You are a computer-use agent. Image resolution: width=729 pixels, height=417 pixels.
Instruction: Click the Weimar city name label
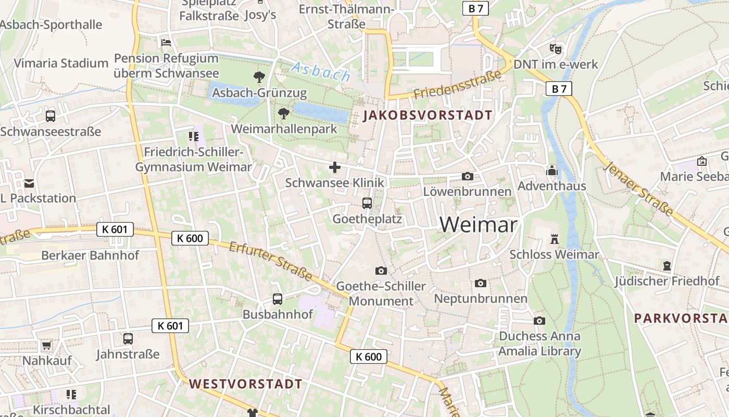tap(479, 225)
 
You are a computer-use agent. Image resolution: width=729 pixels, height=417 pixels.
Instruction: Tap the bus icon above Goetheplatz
tap(367, 203)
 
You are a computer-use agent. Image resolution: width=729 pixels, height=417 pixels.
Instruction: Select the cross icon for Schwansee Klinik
tap(335, 167)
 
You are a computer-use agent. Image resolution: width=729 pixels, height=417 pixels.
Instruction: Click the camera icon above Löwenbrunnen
tap(468, 176)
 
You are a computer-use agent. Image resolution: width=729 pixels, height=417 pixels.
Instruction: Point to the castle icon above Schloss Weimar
tap(554, 239)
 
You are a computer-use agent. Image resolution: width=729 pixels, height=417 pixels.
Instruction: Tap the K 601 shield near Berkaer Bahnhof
tap(115, 229)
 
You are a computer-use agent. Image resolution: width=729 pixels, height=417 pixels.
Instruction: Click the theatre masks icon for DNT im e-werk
tap(556, 49)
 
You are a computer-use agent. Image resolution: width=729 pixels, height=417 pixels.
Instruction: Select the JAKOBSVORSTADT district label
tap(428, 115)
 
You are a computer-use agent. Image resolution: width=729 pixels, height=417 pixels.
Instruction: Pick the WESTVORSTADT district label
tap(245, 384)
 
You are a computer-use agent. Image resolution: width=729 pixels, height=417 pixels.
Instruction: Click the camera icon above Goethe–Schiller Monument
tap(381, 271)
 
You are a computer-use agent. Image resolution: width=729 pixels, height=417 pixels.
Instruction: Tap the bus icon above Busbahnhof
tap(278, 299)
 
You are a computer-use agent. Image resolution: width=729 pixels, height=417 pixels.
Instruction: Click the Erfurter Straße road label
tap(270, 262)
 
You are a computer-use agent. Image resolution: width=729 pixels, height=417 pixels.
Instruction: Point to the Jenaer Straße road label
tap(639, 189)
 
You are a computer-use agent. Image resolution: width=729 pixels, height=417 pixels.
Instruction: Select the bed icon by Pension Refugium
tap(166, 42)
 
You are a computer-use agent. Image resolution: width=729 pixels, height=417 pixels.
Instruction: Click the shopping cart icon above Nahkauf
tap(46, 345)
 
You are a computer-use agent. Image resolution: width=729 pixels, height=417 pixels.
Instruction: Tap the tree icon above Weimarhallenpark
tap(284, 113)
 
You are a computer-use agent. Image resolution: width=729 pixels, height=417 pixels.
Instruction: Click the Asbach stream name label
tap(321, 72)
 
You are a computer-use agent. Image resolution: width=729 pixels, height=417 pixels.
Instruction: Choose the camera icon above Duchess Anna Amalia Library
tap(539, 321)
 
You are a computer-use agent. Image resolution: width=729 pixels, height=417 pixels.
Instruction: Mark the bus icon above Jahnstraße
tap(128, 339)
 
